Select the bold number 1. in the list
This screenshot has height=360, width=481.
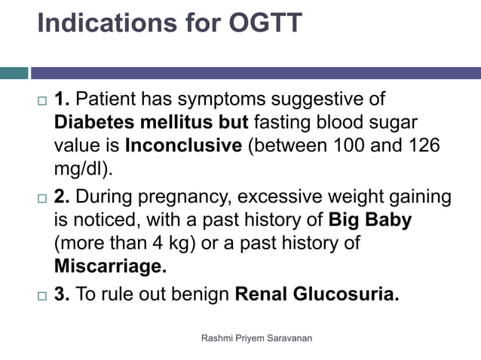tap(63, 99)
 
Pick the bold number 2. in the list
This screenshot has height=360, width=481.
tap(63, 197)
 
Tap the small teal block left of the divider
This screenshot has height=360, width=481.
tap(14, 73)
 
